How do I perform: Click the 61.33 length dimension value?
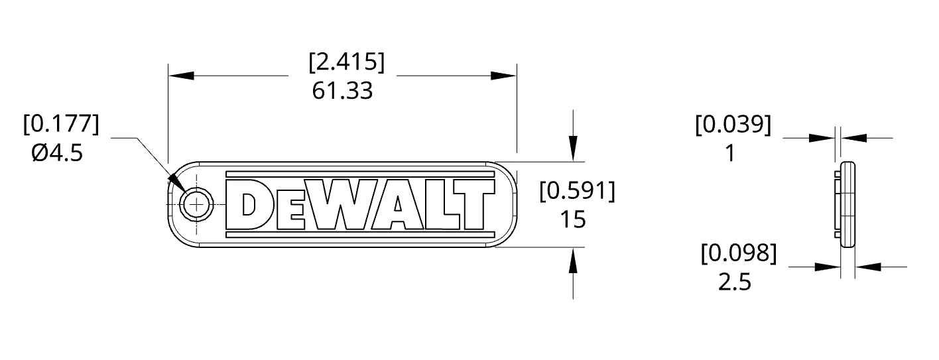(x=342, y=91)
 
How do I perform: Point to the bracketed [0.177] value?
(x=60, y=124)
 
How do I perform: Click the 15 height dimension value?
(x=572, y=219)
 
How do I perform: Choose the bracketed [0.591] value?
(x=577, y=191)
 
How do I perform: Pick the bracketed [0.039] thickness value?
(x=733, y=125)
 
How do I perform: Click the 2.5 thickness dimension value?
(x=735, y=282)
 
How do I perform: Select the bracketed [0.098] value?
(x=738, y=253)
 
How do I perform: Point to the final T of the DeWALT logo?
(x=476, y=205)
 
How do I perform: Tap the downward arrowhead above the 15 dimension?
(x=573, y=148)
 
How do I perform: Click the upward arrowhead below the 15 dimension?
(x=573, y=261)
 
